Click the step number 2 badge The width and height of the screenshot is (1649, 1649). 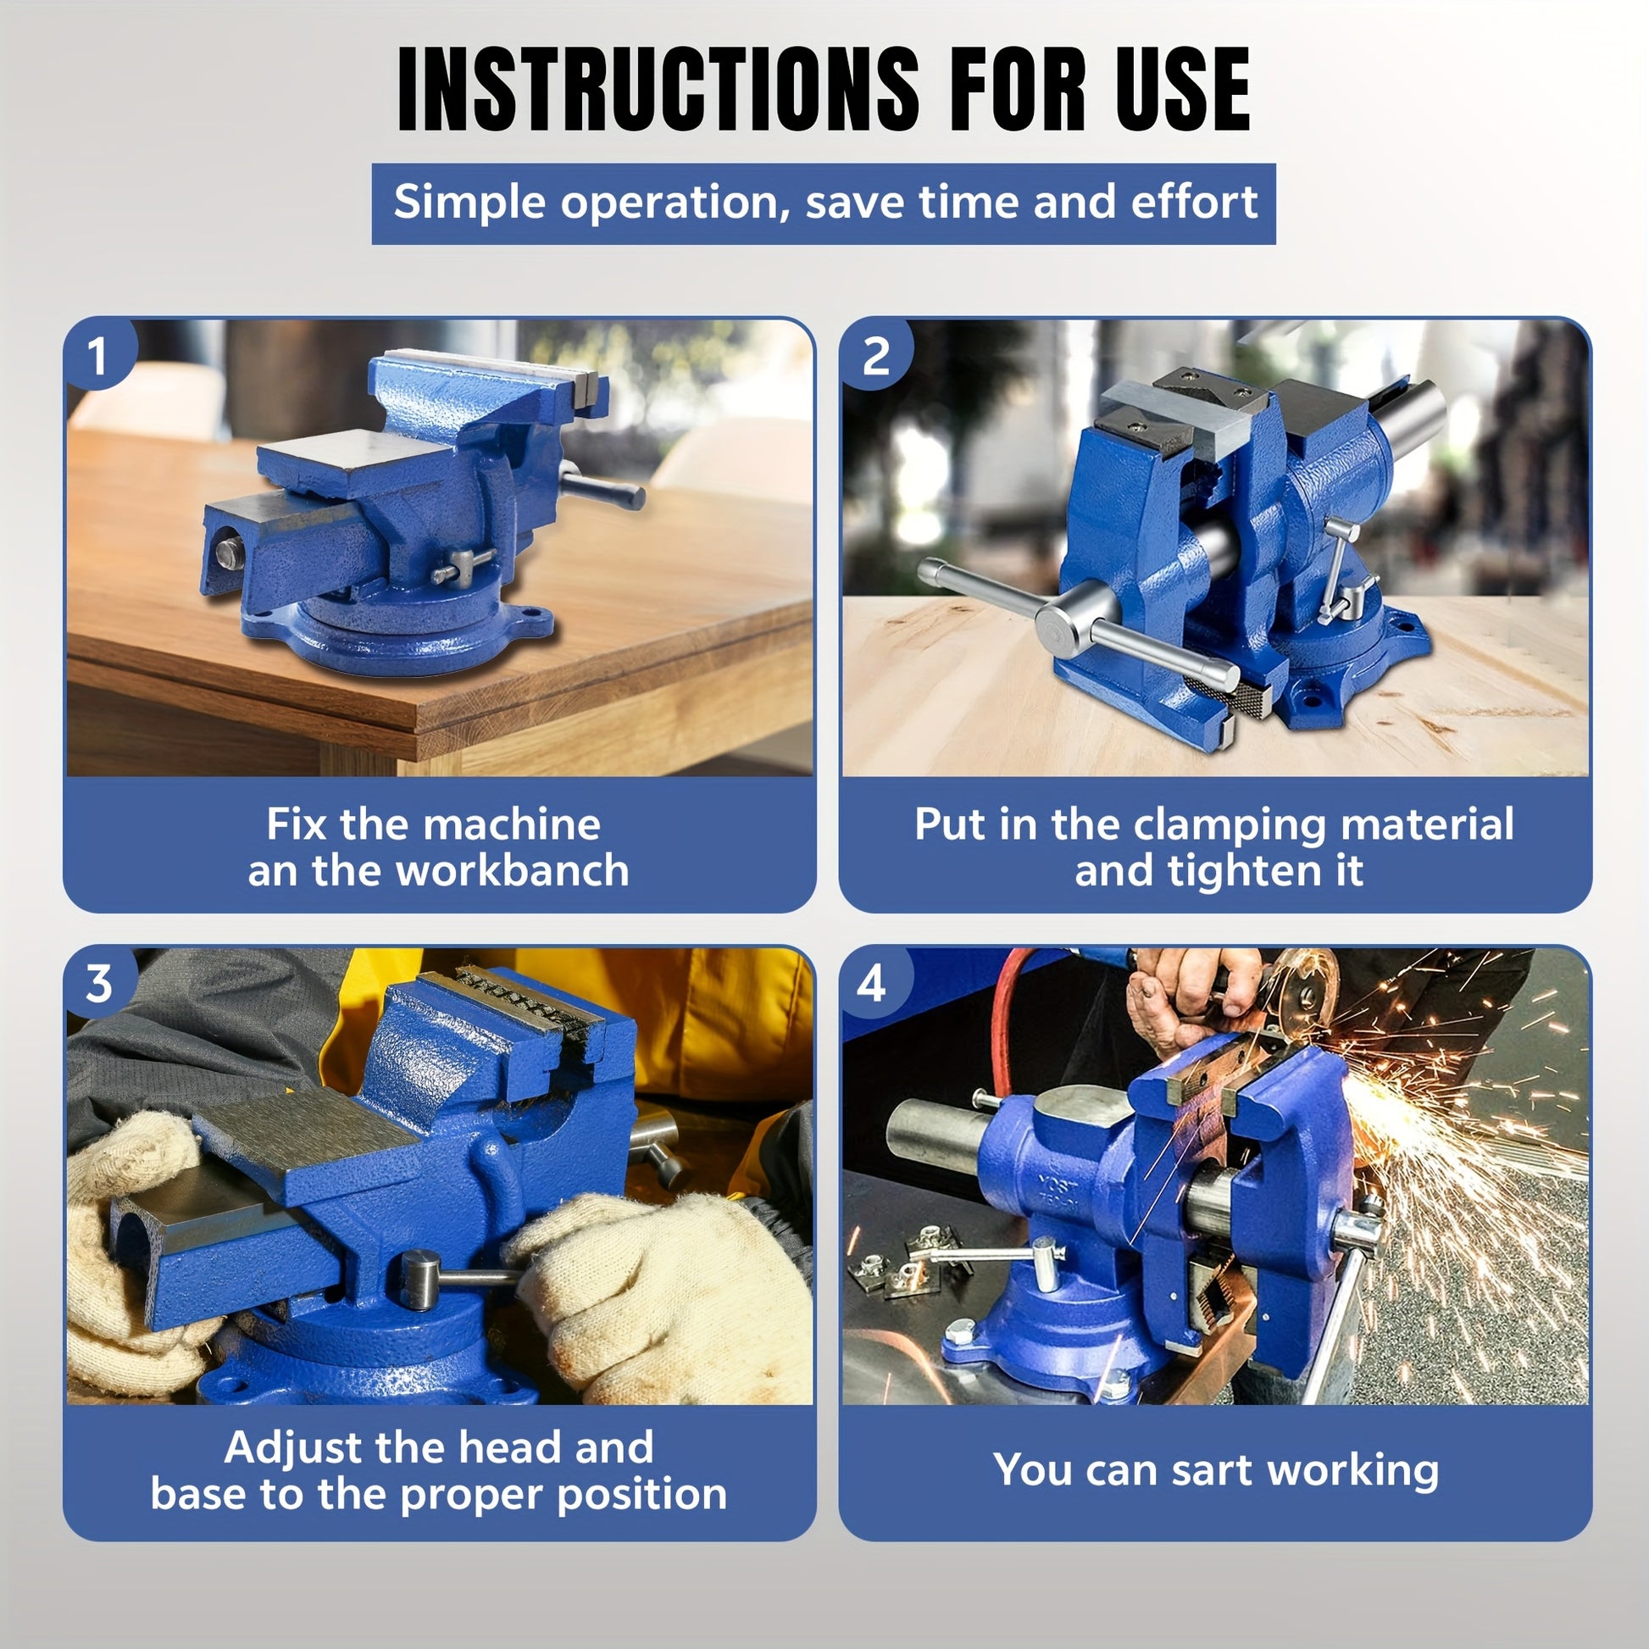pyautogui.click(x=875, y=355)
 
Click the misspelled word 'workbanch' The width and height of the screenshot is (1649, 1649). pyautogui.click(x=513, y=870)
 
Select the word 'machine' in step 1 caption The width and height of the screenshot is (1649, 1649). pyautogui.click(x=512, y=824)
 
